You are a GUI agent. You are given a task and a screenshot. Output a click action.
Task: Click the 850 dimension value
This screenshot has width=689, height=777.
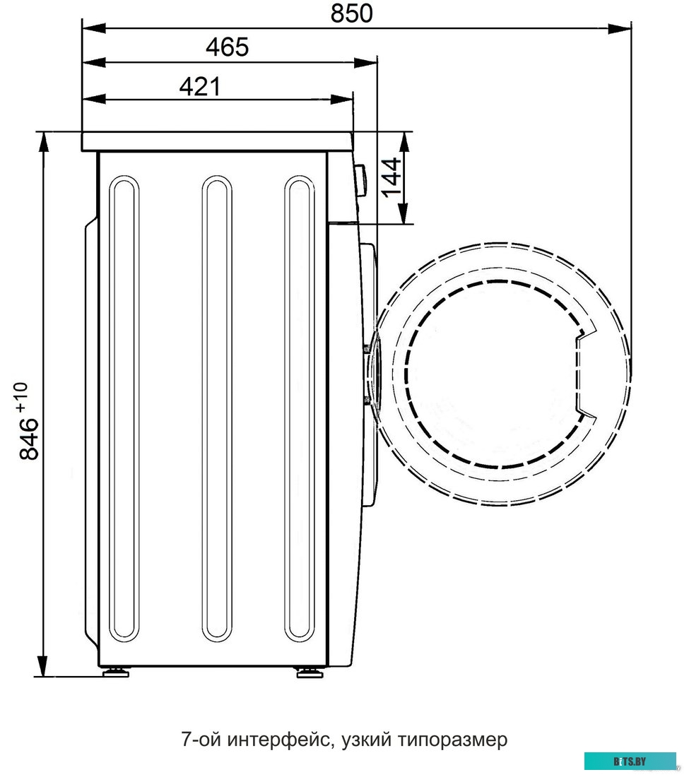[351, 13]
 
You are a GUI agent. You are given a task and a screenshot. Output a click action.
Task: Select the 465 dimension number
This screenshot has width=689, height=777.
[228, 47]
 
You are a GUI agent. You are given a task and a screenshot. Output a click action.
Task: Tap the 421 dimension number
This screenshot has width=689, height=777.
[200, 87]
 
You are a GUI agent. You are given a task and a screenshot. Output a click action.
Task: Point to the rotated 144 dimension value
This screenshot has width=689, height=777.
[391, 177]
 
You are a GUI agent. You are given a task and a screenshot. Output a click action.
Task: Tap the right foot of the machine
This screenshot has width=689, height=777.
[310, 672]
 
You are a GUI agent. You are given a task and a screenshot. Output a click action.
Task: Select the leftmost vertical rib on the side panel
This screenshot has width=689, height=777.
[124, 408]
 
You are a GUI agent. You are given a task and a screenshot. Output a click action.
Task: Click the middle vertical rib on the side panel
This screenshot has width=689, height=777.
[217, 408]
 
